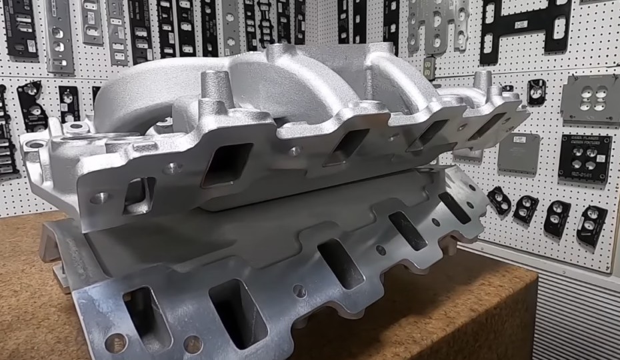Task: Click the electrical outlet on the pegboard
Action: click(x=429, y=67)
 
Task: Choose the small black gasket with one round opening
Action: click(x=536, y=93)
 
